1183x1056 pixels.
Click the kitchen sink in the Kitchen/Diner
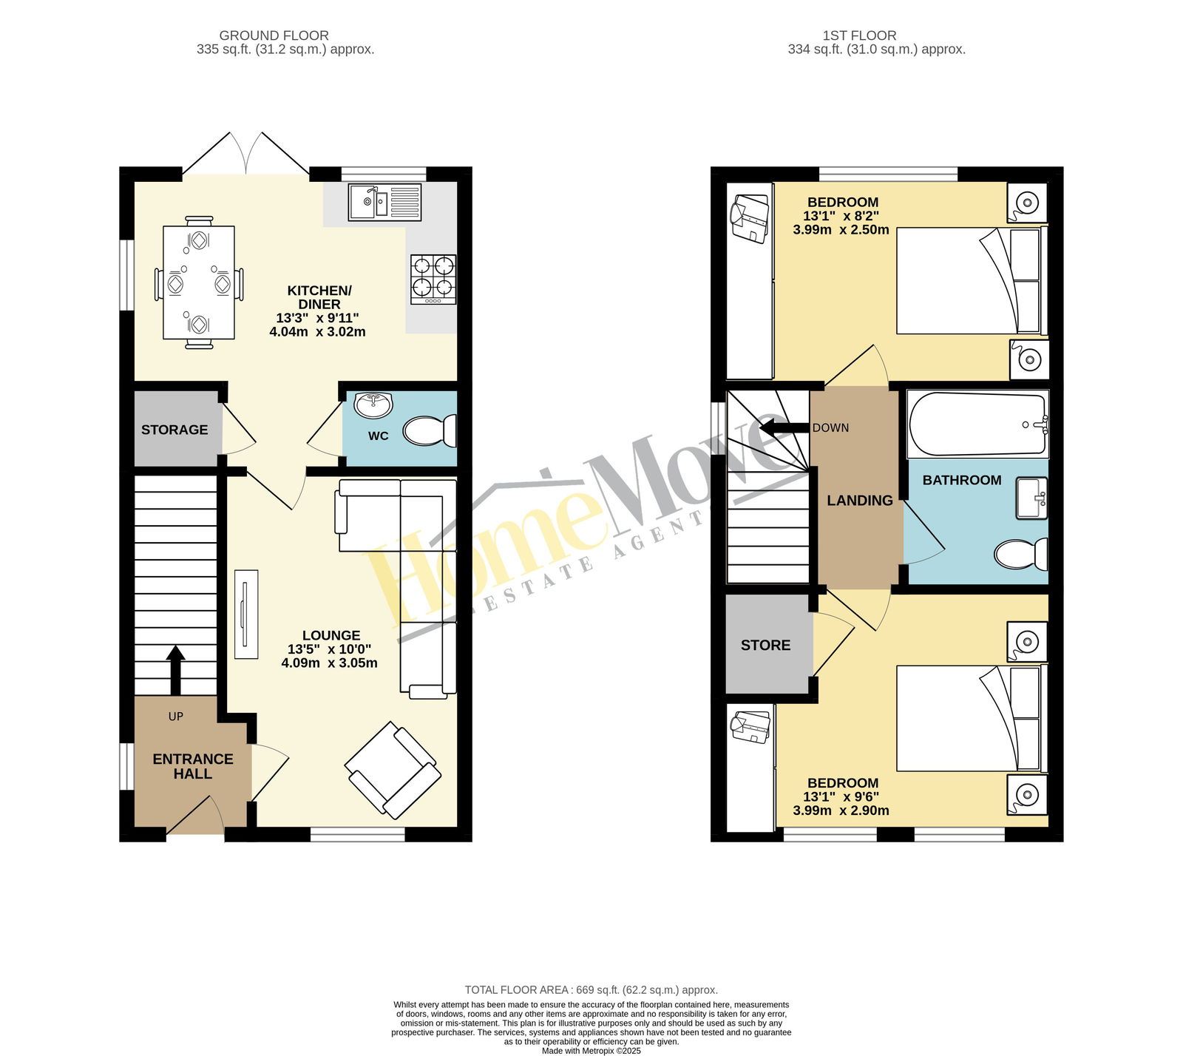(385, 202)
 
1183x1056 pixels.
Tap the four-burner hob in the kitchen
(433, 280)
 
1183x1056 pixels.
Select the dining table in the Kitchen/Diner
(199, 282)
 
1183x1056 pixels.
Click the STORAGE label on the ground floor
(174, 430)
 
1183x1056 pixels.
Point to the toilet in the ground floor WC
(430, 430)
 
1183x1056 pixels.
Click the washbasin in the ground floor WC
(373, 405)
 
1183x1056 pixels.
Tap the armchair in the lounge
(393, 770)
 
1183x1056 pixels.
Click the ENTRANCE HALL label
(193, 766)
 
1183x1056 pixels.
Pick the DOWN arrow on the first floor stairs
(784, 427)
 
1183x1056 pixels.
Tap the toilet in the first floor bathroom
(1021, 555)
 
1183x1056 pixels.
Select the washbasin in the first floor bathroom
(1032, 498)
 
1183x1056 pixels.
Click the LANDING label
(860, 501)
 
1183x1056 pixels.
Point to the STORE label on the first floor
(765, 646)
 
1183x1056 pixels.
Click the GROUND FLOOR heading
(274, 35)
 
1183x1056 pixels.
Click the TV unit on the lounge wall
(246, 614)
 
